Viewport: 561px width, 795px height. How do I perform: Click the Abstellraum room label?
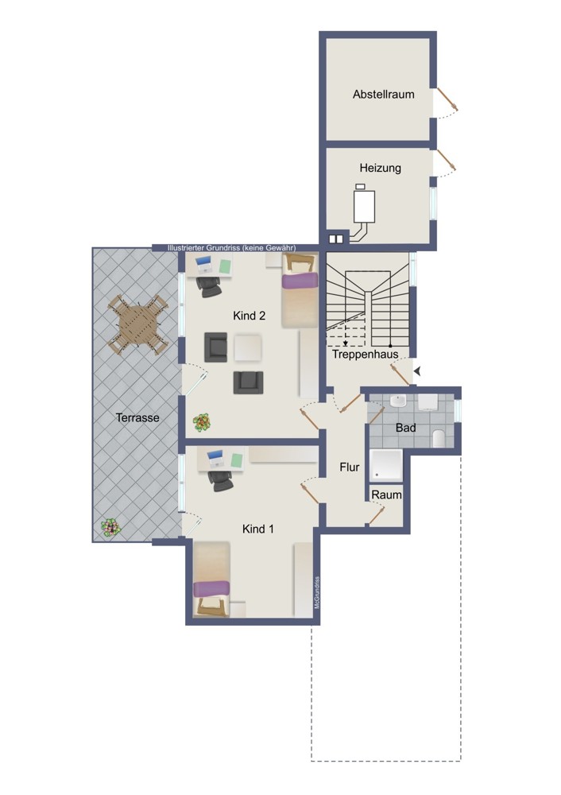pos(384,95)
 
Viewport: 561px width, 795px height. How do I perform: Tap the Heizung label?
pos(380,168)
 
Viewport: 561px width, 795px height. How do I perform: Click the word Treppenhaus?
pos(365,354)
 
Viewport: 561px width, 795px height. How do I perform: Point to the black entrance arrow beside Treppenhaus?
pos(417,371)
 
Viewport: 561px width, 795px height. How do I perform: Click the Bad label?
pos(405,428)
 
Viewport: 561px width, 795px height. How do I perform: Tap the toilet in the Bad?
pos(439,438)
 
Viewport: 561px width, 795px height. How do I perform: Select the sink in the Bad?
pos(398,401)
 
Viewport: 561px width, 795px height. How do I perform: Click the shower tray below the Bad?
pos(386,465)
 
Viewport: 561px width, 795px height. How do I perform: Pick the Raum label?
pos(387,494)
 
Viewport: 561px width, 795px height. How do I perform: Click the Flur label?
pos(349,467)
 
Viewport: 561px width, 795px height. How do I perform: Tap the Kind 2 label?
pos(249,316)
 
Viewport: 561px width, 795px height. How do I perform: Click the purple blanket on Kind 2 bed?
pos(300,281)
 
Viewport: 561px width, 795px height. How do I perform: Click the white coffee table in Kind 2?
pos(248,347)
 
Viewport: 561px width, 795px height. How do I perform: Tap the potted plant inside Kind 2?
pos(202,422)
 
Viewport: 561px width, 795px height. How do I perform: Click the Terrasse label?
pos(137,418)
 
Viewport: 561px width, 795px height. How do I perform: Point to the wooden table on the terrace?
pos(137,325)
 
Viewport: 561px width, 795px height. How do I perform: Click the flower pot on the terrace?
pos(110,527)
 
